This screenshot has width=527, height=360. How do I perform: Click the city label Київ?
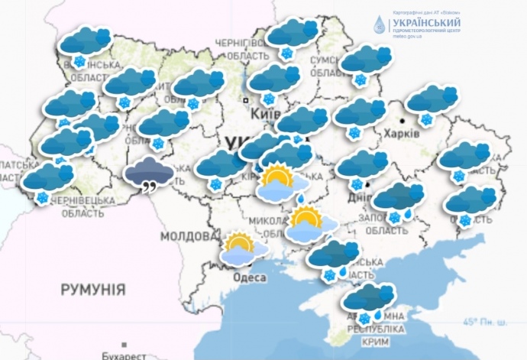260,112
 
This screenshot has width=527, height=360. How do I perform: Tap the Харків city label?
402,132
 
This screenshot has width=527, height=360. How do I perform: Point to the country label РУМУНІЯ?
92,290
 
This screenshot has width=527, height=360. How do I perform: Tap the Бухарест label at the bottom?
124,355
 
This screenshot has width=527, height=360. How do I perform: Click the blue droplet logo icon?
378,25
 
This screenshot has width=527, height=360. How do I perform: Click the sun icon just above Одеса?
240,245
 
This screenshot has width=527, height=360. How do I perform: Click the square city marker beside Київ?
245,99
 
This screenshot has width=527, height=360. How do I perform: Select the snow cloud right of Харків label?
432,99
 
